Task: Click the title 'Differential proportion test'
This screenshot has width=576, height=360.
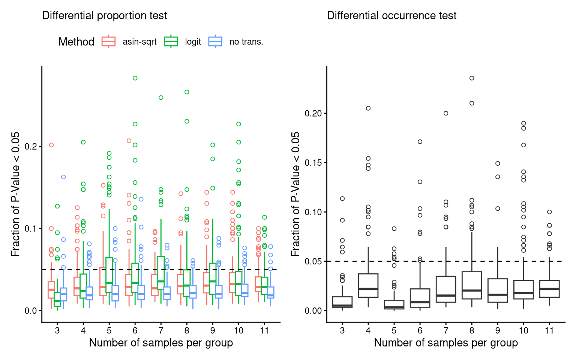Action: pos(104,16)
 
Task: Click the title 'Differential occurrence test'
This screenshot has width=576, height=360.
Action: pos(391,16)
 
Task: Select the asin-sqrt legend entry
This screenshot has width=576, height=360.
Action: pos(129,42)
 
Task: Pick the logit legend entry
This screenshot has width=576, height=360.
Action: pos(183,42)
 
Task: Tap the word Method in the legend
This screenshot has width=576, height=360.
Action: pos(76,42)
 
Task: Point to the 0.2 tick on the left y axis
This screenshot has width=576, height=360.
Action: pos(31,146)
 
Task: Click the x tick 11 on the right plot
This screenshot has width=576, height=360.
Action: pos(549,331)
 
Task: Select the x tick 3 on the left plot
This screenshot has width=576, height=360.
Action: pos(57,331)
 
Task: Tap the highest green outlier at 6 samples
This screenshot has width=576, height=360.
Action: pos(135,78)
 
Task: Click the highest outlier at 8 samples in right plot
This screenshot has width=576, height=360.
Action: pos(472,78)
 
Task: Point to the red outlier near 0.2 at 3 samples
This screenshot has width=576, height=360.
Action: pos(51,145)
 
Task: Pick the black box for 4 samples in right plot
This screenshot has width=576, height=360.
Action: pos(368,285)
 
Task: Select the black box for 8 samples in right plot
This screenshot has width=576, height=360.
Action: pos(472,285)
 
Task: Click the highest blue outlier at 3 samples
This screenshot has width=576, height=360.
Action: pos(63,177)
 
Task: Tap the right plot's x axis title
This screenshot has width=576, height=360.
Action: pos(446,343)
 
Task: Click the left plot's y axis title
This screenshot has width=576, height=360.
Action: pos(15,194)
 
